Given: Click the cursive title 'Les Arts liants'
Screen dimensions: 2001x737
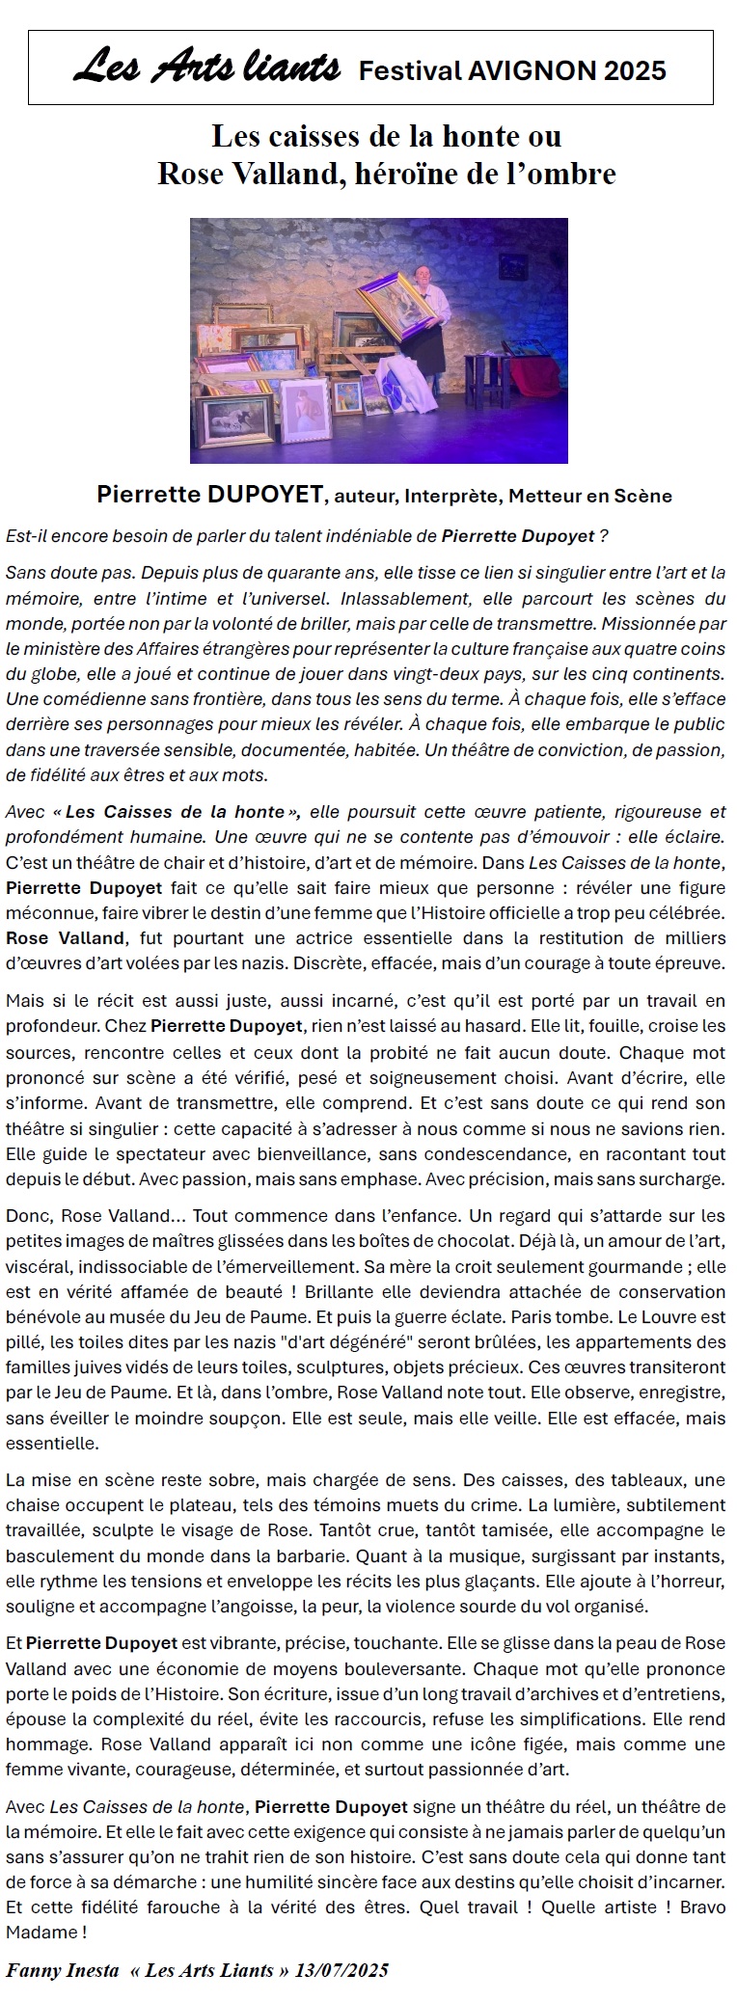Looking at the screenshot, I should [206, 68].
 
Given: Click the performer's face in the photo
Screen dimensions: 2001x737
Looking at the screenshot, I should [424, 278].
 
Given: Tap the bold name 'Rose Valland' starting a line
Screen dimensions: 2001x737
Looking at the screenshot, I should [65, 937].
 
